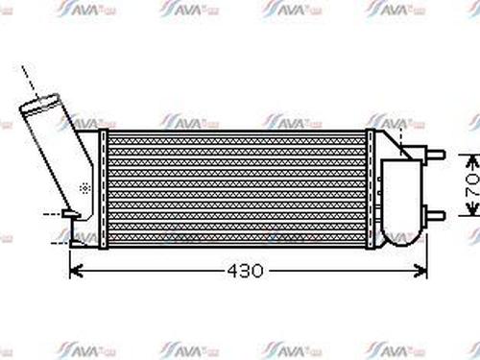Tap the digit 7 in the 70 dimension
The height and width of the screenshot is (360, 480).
pos(470,195)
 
